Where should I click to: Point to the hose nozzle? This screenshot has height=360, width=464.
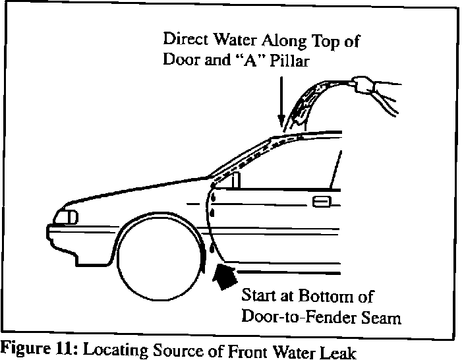click(x=361, y=84)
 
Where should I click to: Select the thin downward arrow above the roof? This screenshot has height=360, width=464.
click(x=281, y=102)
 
